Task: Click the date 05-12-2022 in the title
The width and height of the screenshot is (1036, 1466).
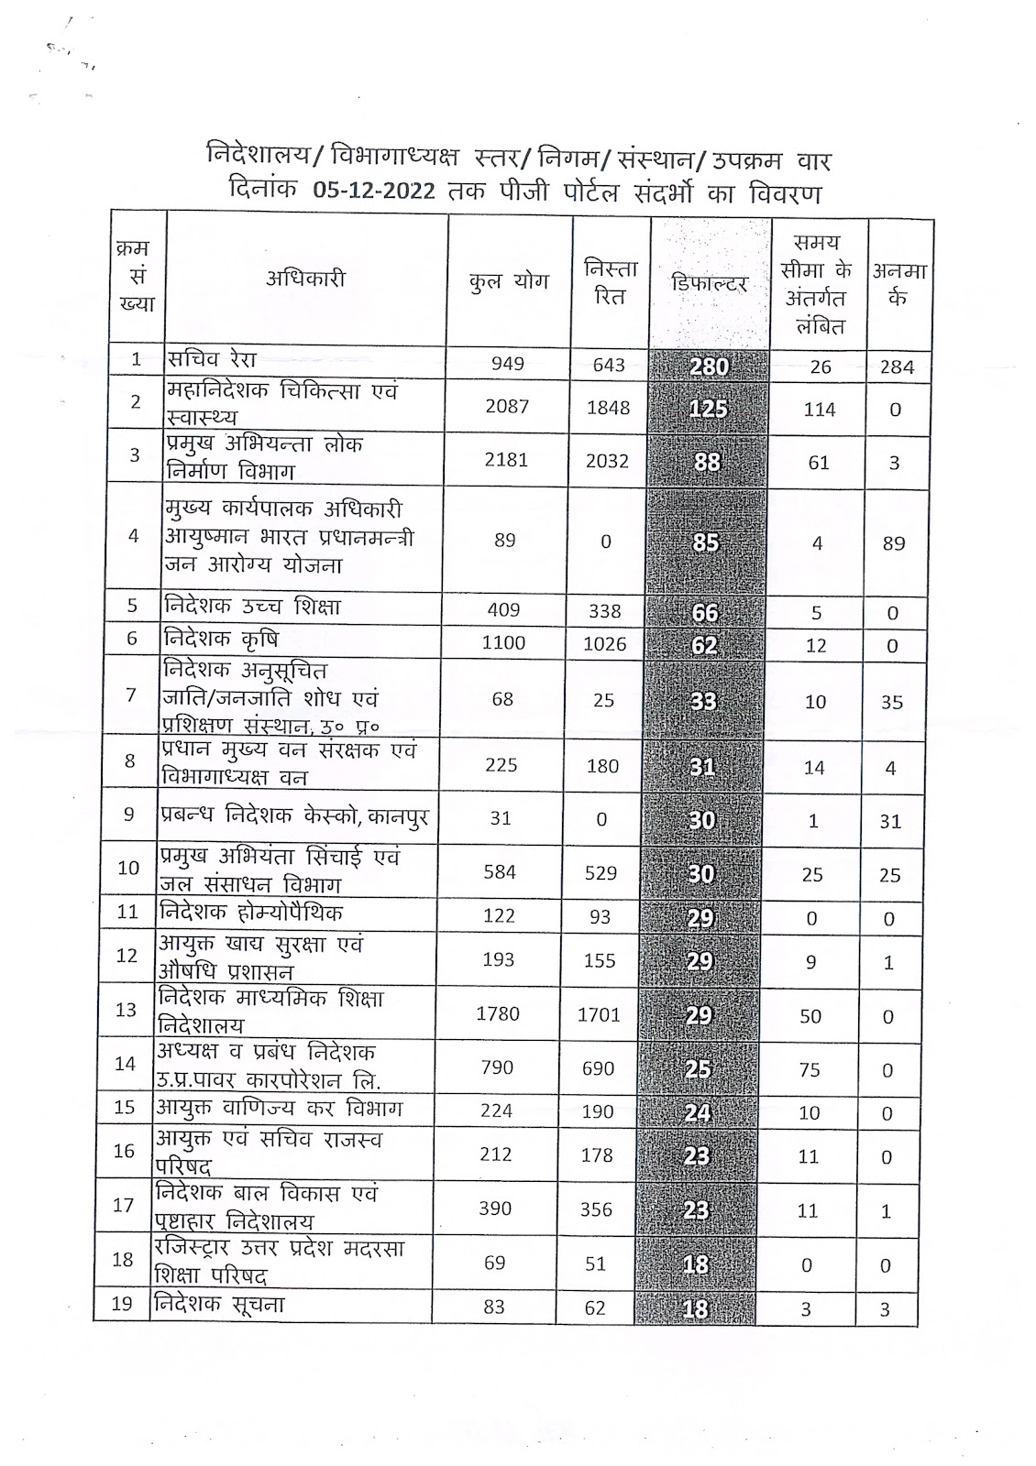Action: tap(372, 192)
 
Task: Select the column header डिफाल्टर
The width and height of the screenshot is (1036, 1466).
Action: tap(710, 282)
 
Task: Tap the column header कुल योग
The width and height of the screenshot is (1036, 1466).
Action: tap(508, 282)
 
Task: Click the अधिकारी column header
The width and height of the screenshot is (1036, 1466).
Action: tap(306, 279)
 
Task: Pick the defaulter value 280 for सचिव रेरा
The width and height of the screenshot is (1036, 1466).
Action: tap(709, 366)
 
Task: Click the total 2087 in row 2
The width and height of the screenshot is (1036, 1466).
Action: tap(507, 406)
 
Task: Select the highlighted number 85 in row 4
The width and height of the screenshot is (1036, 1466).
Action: tap(706, 542)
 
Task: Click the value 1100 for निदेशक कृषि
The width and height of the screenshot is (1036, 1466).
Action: tap(503, 642)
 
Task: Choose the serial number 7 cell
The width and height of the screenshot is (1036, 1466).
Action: tap(131, 695)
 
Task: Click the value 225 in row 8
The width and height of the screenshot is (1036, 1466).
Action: tap(501, 765)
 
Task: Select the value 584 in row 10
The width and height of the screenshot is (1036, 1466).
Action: tap(500, 871)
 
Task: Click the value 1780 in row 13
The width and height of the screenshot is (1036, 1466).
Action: tap(498, 1013)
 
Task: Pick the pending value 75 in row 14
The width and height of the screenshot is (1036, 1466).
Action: tap(810, 1069)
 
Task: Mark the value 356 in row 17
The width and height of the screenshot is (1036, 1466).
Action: tap(596, 1209)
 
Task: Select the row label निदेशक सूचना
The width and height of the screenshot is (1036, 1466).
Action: tap(220, 1304)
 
